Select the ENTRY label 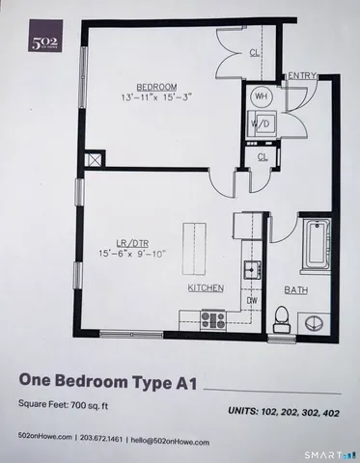(x=301, y=76)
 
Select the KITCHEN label (x=206, y=288)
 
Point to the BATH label (x=295, y=289)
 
